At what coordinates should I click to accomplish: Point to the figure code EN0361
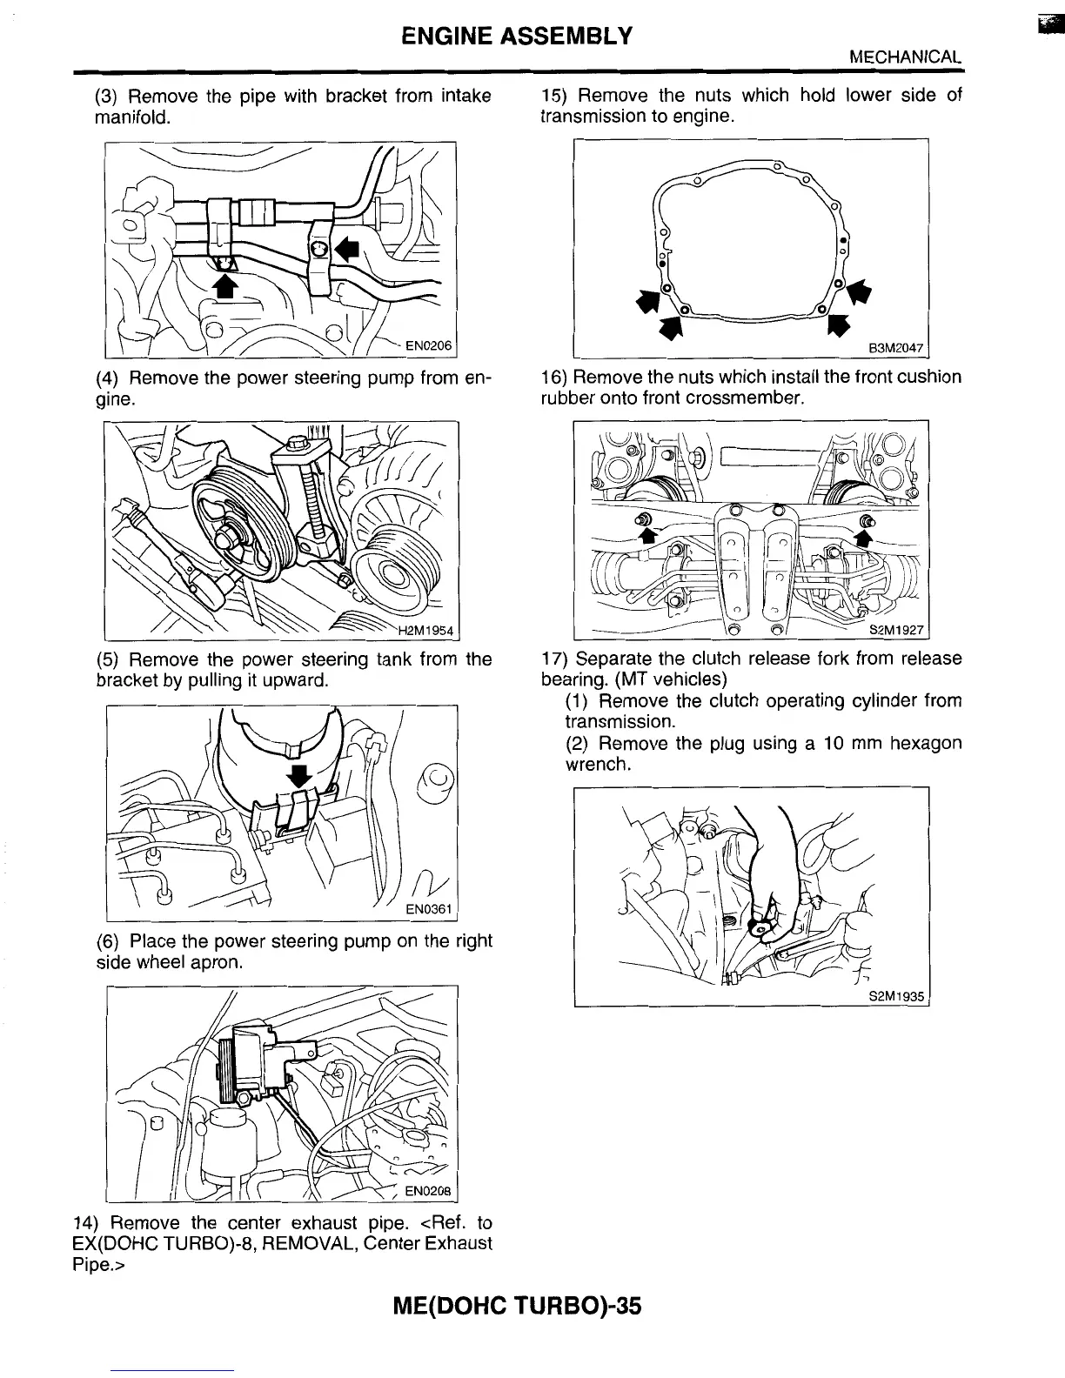[431, 910]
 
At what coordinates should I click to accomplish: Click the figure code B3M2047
[895, 347]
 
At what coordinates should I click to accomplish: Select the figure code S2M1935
[896, 997]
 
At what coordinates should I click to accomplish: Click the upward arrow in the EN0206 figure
[225, 286]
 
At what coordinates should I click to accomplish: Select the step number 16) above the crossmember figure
[554, 378]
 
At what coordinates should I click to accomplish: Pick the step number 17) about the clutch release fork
[555, 659]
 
